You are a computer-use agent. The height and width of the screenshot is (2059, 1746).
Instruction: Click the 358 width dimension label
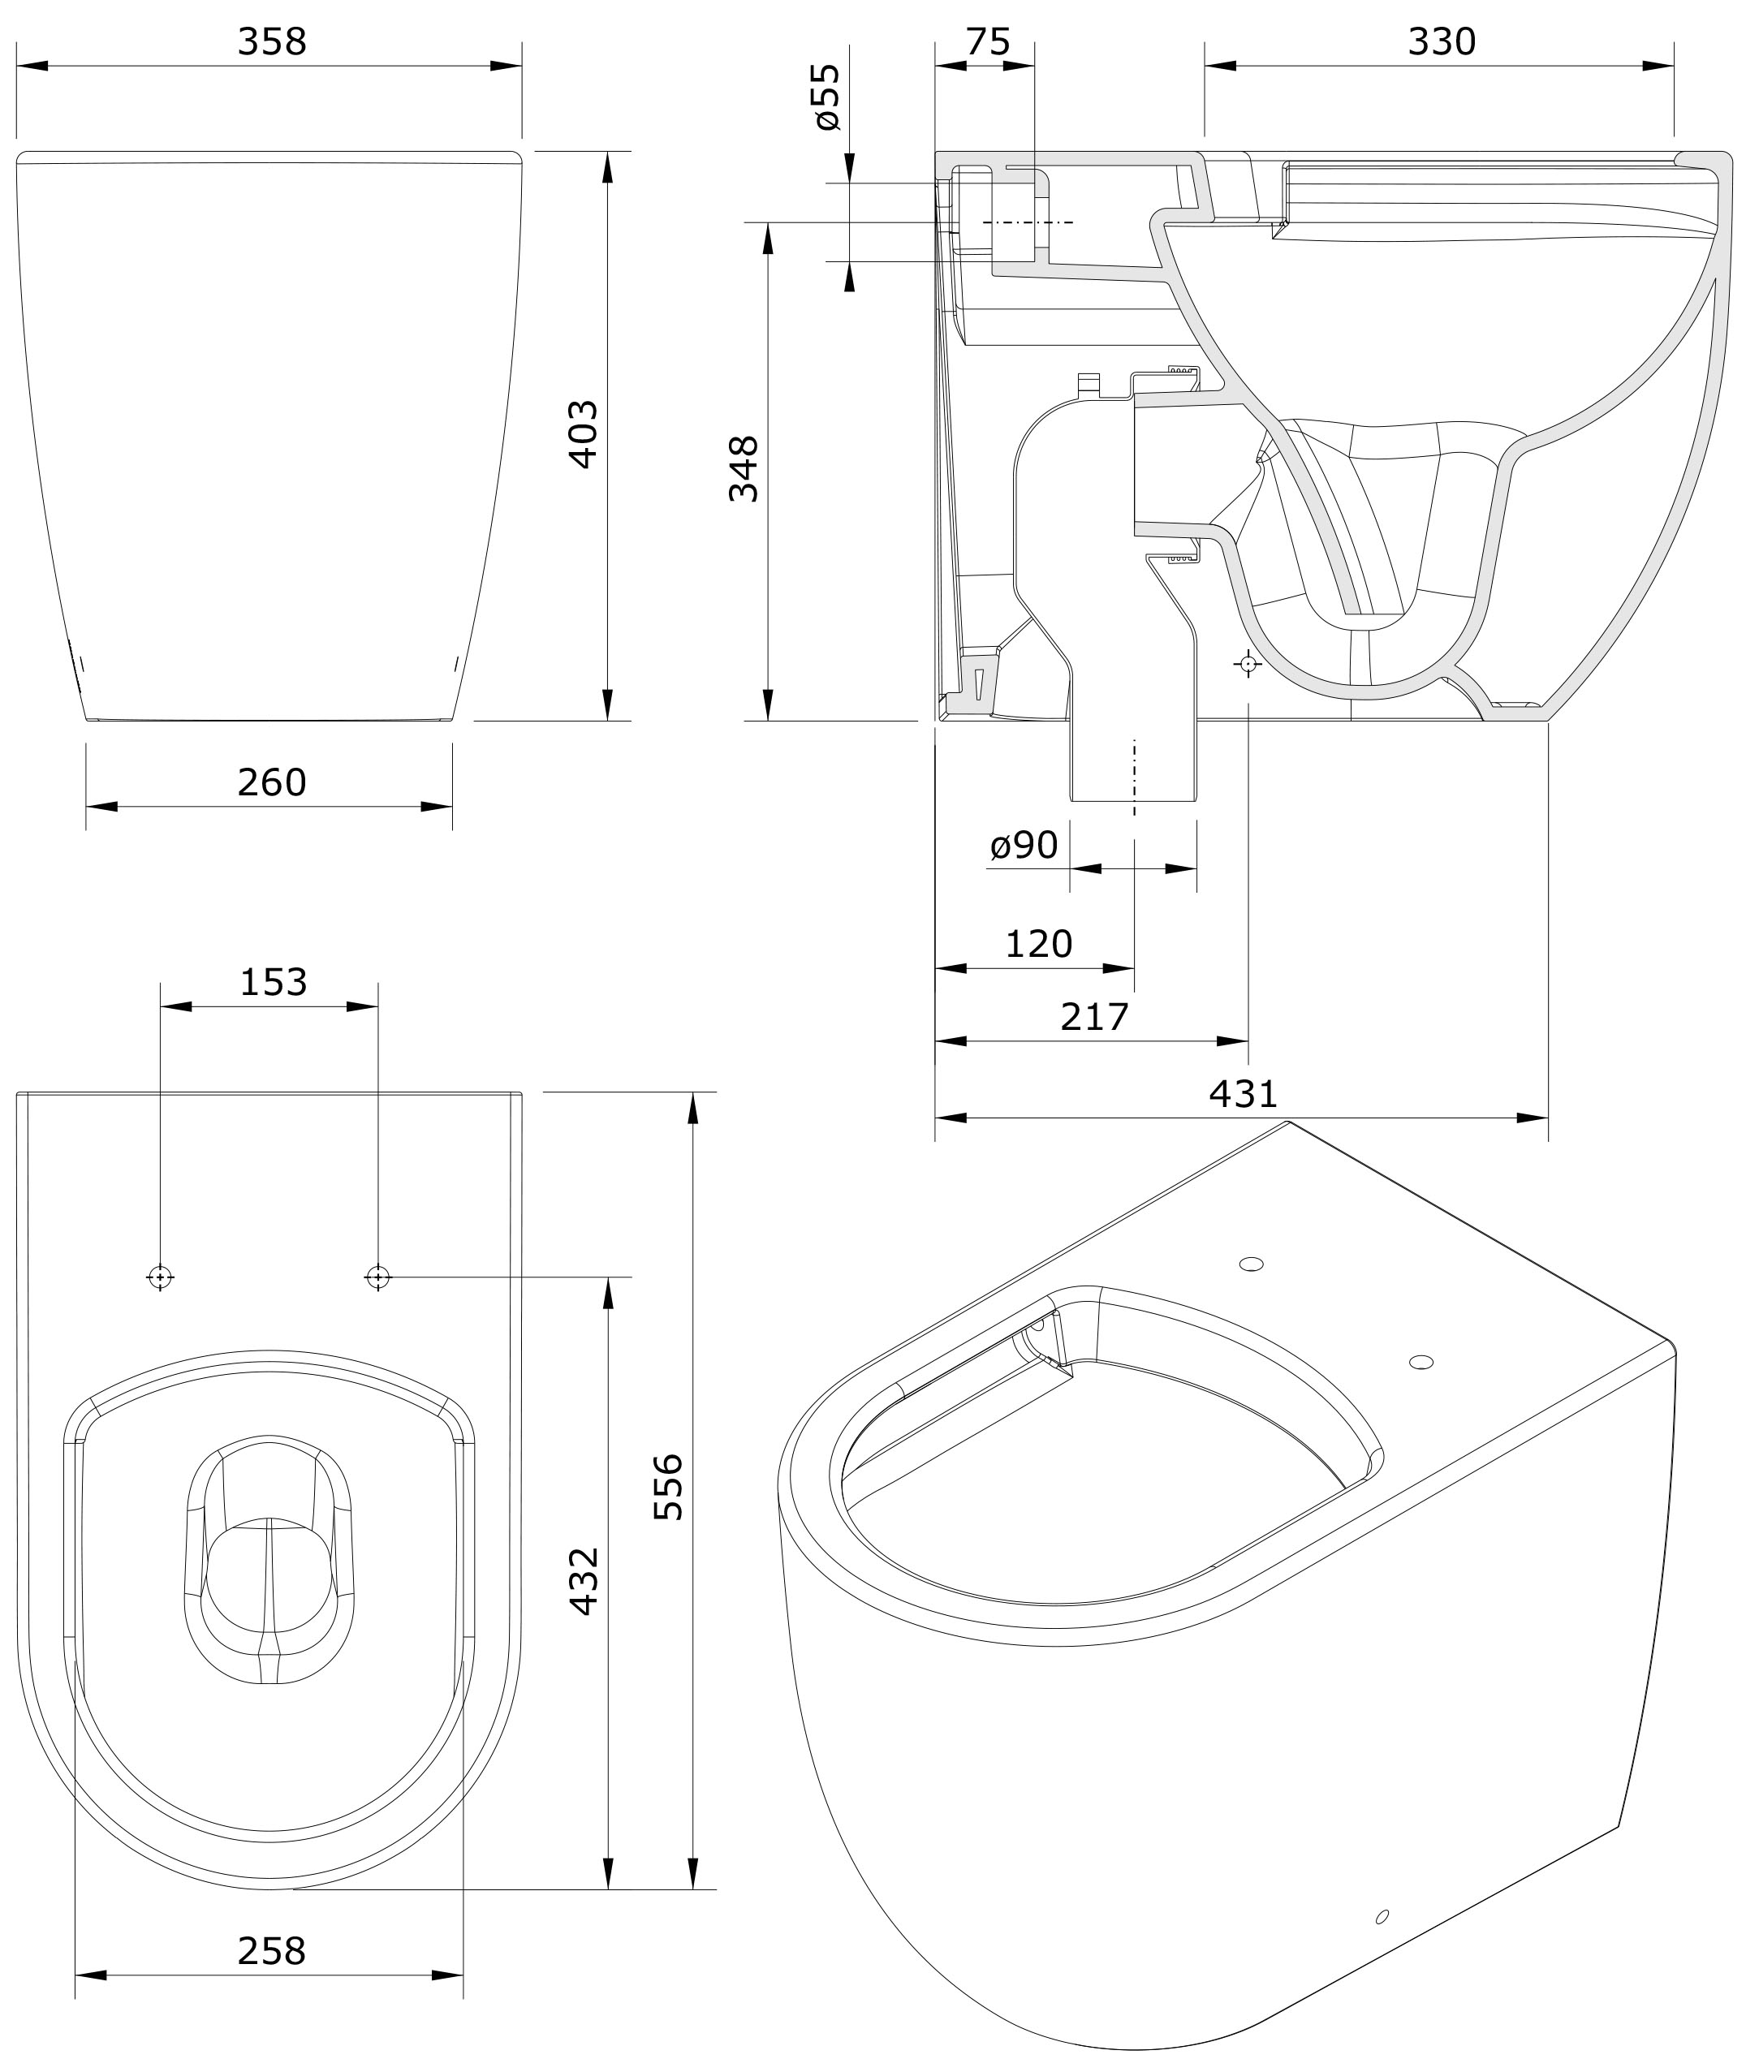pyautogui.click(x=272, y=41)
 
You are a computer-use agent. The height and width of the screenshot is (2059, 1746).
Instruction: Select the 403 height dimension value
pyautogui.click(x=582, y=433)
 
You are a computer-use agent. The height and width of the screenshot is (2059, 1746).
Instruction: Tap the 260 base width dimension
pyautogui.click(x=272, y=782)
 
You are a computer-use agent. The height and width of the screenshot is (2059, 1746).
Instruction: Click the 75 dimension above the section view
pyautogui.click(x=988, y=41)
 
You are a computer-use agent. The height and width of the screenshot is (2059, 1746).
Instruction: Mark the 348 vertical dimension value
pyautogui.click(x=744, y=469)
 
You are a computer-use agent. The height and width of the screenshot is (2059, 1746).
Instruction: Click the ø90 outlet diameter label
pyautogui.click(x=1024, y=845)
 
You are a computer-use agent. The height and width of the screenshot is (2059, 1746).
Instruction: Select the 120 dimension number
pyautogui.click(x=1038, y=944)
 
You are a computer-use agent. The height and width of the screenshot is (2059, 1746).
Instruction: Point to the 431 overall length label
pyautogui.click(x=1244, y=1093)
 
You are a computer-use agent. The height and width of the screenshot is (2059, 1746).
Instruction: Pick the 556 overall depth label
pyautogui.click(x=669, y=1486)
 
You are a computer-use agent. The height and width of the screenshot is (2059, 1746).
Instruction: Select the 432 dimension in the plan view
pyautogui.click(x=584, y=1581)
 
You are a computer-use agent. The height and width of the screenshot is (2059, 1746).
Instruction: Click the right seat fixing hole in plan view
pyautogui.click(x=377, y=1278)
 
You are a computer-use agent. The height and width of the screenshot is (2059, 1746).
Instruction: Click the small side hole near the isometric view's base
pyautogui.click(x=1382, y=1916)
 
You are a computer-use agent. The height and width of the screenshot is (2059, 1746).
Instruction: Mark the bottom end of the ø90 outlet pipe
pyautogui.click(x=1134, y=799)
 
